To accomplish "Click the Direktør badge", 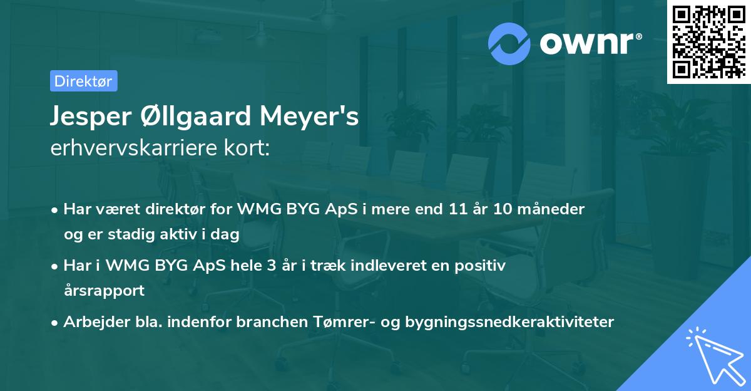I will point(83,81).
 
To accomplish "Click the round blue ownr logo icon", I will point(509,43).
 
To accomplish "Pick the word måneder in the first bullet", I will point(554,209).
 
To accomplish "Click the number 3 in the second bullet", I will point(270,266).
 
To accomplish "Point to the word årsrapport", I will point(104,291).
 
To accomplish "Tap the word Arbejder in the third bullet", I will point(91,322).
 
